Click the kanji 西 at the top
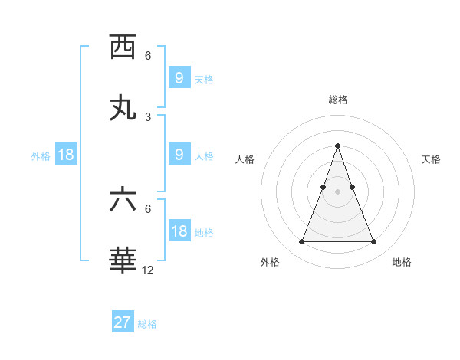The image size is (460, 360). click(123, 47)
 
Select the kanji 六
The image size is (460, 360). click(123, 201)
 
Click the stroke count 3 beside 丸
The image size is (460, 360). click(148, 116)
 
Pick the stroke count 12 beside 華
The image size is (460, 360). click(148, 270)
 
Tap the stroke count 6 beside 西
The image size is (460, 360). click(148, 55)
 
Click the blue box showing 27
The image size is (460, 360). click(123, 322)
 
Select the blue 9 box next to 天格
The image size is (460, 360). click(179, 78)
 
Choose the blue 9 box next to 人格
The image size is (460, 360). click(179, 155)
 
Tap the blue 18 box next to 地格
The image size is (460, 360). click(179, 231)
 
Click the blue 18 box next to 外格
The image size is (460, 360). click(66, 155)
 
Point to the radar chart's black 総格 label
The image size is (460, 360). click(337, 100)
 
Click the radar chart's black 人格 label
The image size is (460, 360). click(245, 159)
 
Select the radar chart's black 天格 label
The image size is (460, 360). click(431, 159)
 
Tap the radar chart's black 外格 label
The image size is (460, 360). click(270, 262)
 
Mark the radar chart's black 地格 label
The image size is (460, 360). click(402, 262)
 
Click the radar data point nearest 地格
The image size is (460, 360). click(373, 242)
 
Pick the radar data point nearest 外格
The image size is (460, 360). click(301, 242)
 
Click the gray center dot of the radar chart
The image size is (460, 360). click(337, 191)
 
